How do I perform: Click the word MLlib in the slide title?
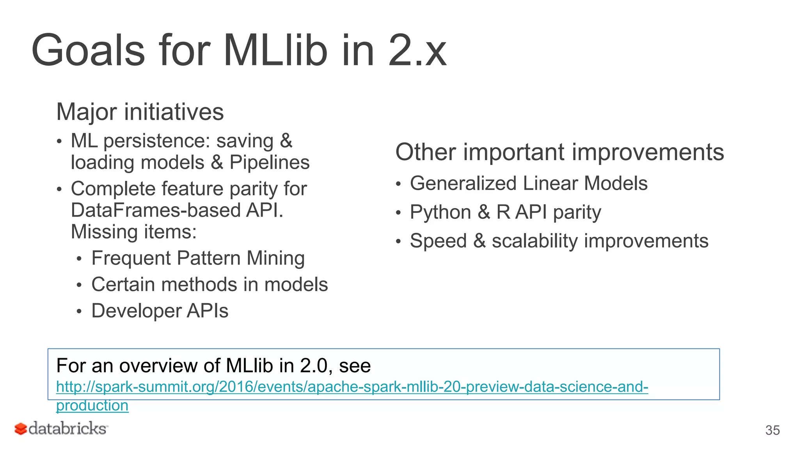pyautogui.click(x=275, y=51)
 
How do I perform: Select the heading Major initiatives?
pyautogui.click(x=140, y=112)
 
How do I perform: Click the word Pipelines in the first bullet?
pyautogui.click(x=269, y=163)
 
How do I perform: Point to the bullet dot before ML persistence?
pyautogui.click(x=59, y=141)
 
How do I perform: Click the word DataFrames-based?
pyautogui.click(x=156, y=210)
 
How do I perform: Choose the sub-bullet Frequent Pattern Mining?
pyautogui.click(x=198, y=258)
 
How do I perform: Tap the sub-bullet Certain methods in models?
pyautogui.click(x=210, y=285)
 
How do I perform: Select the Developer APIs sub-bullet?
pyautogui.click(x=160, y=311)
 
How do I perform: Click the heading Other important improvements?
pyautogui.click(x=559, y=152)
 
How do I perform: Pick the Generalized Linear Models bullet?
pyautogui.click(x=528, y=184)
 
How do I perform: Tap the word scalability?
pyautogui.click(x=534, y=241)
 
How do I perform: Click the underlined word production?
pyautogui.click(x=92, y=406)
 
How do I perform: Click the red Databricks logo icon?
pyautogui.click(x=21, y=429)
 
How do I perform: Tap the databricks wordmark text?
pyautogui.click(x=67, y=429)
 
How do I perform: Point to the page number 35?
pyautogui.click(x=772, y=430)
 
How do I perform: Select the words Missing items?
pyautogui.click(x=133, y=232)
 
